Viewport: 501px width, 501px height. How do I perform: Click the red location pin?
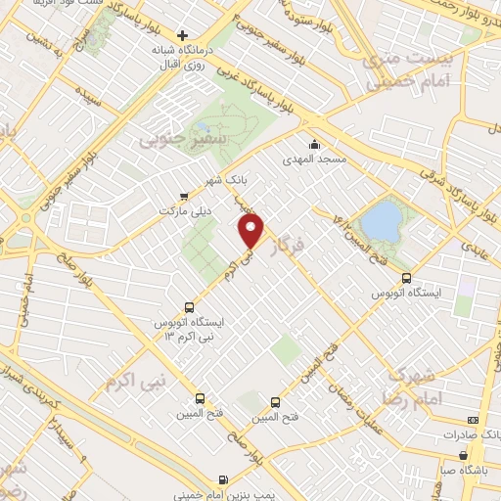(252, 230)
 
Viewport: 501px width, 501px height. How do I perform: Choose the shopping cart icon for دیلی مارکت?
(186, 196)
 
